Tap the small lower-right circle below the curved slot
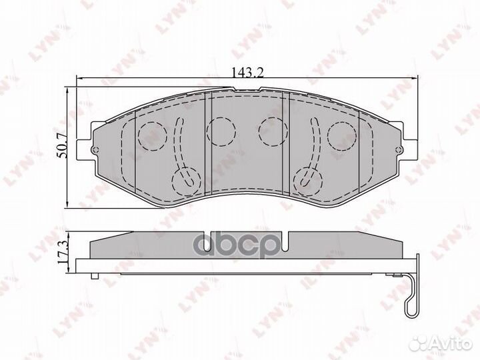307,178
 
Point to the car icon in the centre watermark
219,245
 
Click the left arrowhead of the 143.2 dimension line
81,79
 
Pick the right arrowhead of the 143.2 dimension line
409,79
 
